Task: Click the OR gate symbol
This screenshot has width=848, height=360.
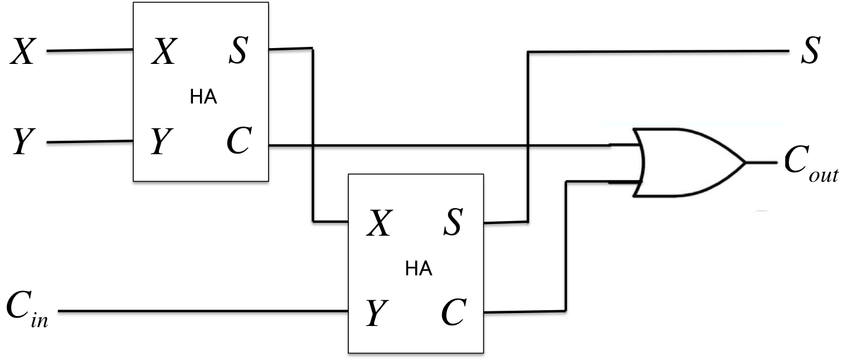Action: (x=686, y=162)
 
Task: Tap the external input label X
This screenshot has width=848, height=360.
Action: (x=24, y=52)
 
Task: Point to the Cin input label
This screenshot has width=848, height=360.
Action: (x=27, y=311)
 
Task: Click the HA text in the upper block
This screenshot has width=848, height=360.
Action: (x=203, y=97)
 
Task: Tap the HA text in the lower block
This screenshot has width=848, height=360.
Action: (x=419, y=270)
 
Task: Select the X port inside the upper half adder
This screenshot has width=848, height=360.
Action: (x=164, y=52)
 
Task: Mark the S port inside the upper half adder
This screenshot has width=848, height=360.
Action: (x=238, y=52)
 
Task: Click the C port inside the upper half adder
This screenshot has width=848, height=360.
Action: (x=239, y=142)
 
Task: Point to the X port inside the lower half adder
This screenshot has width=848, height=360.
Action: (x=379, y=223)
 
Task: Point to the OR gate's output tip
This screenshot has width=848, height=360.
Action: (x=745, y=162)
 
